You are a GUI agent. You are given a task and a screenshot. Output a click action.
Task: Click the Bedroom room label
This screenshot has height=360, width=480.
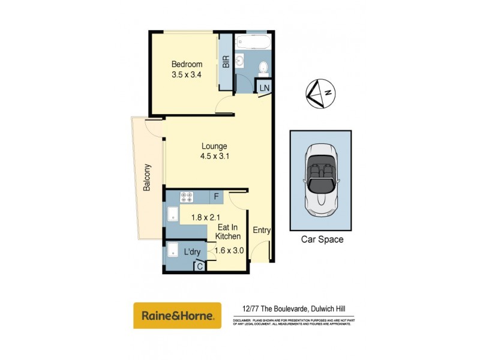point(187,65)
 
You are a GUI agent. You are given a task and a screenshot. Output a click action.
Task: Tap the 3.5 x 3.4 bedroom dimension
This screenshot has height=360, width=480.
point(187,76)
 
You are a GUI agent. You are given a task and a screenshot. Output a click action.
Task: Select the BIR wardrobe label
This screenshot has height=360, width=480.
point(226,62)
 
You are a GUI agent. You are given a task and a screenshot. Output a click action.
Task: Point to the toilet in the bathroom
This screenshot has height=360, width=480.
point(263,68)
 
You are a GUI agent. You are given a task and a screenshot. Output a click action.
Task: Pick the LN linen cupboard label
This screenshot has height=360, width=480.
point(265,88)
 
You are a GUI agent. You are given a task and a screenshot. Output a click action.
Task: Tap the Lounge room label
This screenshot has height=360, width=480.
point(214,146)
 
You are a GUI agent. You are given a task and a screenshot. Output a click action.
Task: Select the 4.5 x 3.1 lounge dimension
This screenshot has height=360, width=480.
point(215,157)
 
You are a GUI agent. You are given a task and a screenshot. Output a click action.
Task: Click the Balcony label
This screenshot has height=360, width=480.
point(147,178)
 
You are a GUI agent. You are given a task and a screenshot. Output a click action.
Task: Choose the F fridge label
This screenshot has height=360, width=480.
point(215,196)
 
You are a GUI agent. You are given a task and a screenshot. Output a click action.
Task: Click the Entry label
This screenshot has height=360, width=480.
point(261,230)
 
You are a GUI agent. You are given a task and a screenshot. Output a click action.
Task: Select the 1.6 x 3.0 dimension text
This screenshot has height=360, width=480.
point(228,251)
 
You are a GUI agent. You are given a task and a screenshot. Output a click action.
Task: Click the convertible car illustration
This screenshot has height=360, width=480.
point(321,179)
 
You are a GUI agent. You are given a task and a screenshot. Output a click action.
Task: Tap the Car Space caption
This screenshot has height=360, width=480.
point(322,239)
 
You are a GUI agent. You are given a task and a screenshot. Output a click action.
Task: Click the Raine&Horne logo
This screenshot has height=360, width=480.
point(177,316)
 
